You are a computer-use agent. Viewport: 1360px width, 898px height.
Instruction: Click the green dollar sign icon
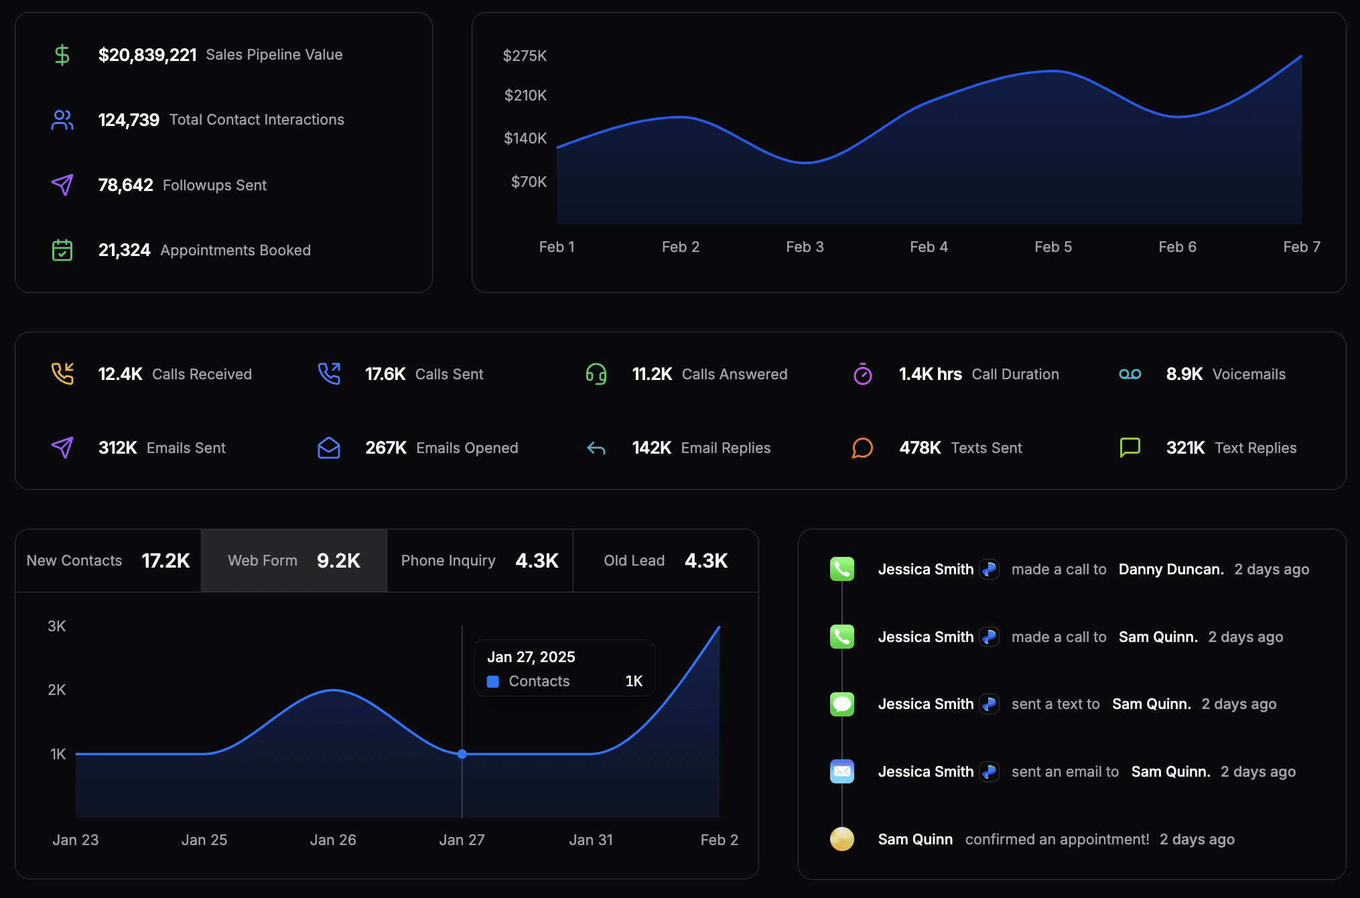pos(62,54)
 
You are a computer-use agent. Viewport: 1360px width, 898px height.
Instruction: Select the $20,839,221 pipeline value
pos(147,55)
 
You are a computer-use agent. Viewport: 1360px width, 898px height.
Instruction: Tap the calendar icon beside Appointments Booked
pos(62,250)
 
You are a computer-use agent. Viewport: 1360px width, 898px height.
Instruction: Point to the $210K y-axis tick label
pos(525,95)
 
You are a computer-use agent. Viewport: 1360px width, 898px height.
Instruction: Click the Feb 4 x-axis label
pos(929,247)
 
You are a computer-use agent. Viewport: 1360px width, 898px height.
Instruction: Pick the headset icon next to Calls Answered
pos(596,374)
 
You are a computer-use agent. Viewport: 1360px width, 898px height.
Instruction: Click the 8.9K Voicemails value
pos(1184,374)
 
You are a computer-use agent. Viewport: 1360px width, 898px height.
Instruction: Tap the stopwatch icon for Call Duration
pos(863,374)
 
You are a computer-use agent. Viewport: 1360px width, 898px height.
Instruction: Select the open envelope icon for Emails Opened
pos(329,448)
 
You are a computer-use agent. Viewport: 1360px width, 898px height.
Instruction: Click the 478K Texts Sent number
pos(920,448)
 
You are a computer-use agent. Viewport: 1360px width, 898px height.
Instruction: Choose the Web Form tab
pos(294,560)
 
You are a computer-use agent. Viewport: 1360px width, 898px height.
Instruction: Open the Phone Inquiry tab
pos(480,560)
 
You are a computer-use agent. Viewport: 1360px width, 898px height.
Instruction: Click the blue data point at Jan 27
pos(462,754)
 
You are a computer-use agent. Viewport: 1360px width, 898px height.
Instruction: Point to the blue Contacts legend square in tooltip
pos(493,682)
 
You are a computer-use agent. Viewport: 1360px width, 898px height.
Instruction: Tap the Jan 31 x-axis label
pos(591,840)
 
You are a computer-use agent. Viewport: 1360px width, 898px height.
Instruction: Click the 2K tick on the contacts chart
pos(57,690)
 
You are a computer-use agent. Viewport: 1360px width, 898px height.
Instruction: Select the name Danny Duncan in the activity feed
pos(1171,569)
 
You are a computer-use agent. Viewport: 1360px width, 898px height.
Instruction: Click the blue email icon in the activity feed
pos(842,771)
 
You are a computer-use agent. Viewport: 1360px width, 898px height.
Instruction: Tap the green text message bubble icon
pos(842,704)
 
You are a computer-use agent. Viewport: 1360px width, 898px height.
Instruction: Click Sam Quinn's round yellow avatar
pos(842,839)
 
